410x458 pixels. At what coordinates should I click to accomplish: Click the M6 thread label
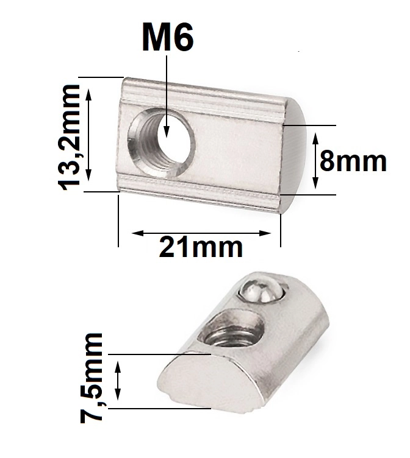coord(167,37)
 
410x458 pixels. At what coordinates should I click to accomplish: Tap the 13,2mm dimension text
coord(69,137)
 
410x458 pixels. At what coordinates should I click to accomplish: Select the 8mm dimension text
coord(353,161)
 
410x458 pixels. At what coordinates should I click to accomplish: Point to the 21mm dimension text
coord(201,247)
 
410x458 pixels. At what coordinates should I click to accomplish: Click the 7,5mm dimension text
coord(92,378)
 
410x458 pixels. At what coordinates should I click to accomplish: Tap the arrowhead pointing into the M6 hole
coord(167,132)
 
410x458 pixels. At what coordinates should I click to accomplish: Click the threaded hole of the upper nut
coord(162,143)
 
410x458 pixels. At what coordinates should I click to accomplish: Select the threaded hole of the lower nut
coord(231,329)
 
